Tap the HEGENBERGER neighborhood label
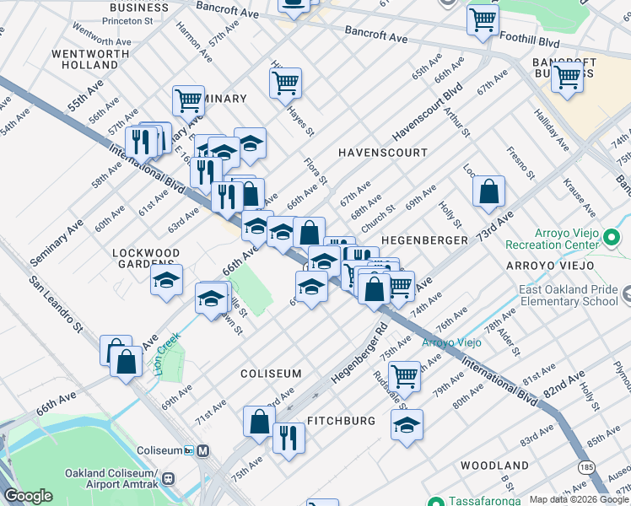tap(423, 240)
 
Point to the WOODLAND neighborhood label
tap(494, 466)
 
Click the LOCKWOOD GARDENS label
tap(147, 258)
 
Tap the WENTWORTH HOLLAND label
tap(84, 59)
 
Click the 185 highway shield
tap(587, 466)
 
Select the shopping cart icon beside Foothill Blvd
tap(483, 18)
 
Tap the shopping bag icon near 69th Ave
tap(488, 191)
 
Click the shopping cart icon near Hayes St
tap(286, 83)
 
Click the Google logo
tap(30, 496)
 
